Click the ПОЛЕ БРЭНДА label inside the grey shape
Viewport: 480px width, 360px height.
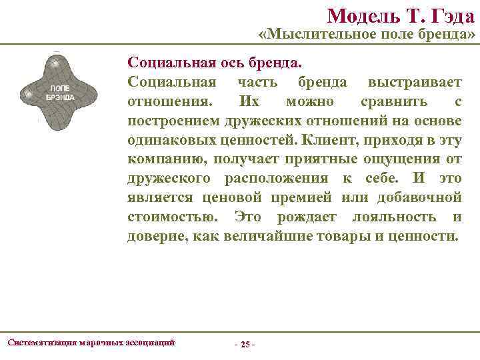(x=60, y=93)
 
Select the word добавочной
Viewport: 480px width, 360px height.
(x=423, y=198)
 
